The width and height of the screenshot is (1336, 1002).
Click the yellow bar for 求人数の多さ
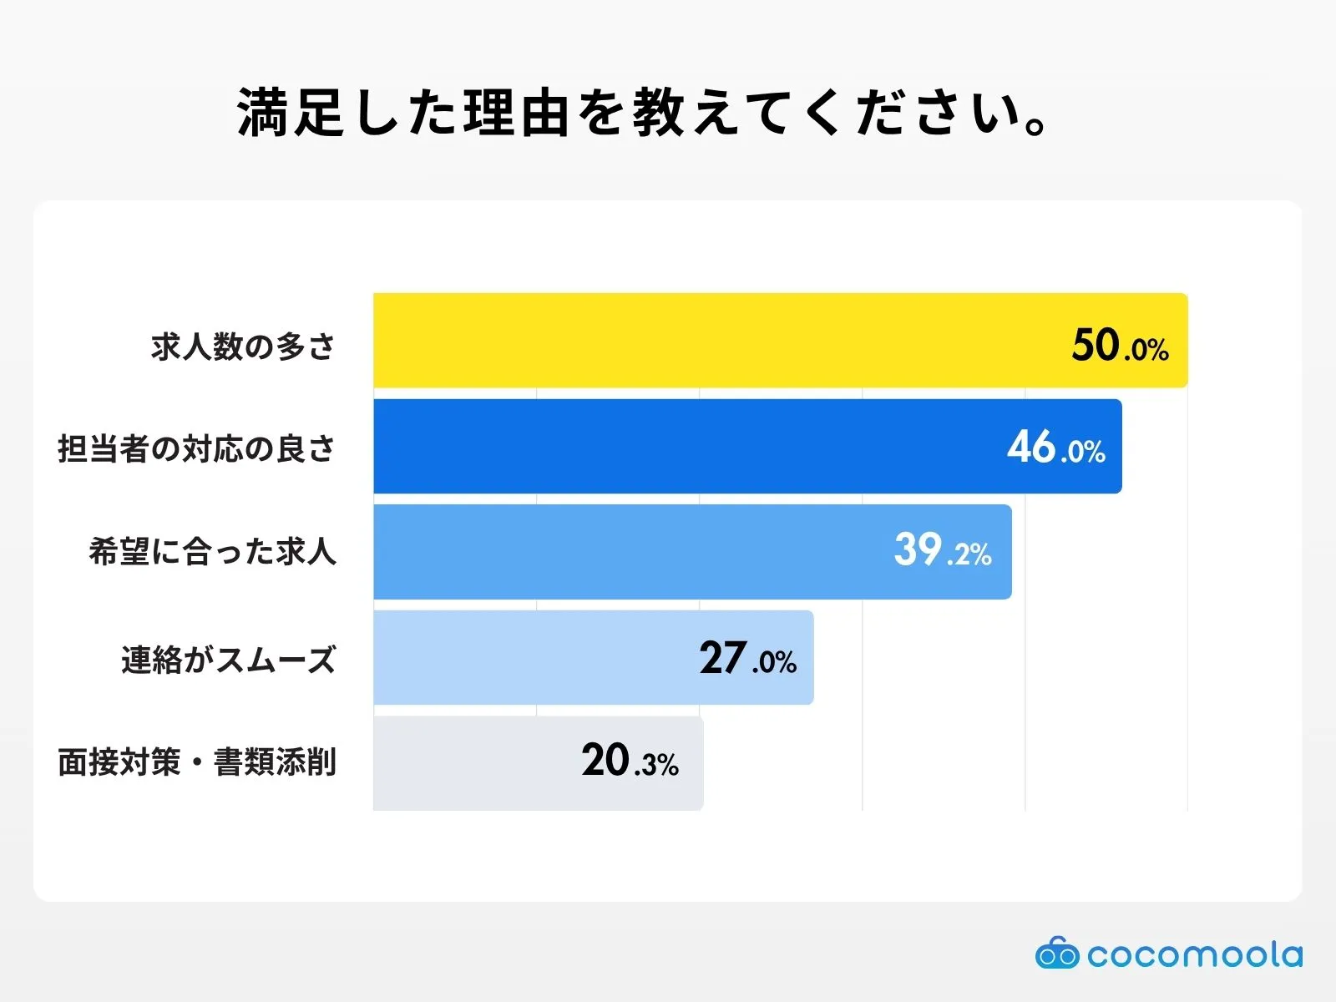click(718, 341)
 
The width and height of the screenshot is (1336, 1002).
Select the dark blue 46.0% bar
click(685, 447)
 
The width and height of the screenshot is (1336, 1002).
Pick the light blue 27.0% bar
click(534, 658)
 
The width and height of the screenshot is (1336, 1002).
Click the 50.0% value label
click(1120, 345)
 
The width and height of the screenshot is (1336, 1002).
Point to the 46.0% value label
click(1055, 448)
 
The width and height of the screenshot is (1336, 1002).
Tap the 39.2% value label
click(942, 551)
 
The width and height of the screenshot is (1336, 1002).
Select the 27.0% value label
click(747, 658)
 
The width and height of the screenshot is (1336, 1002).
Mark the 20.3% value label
click(630, 761)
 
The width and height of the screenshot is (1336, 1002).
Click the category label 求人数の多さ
click(243, 346)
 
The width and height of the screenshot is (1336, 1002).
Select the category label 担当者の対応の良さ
click(196, 449)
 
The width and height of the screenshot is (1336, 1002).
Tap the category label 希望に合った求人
click(212, 552)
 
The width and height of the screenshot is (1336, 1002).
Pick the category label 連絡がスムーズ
click(228, 660)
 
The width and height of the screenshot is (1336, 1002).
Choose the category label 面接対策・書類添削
click(196, 762)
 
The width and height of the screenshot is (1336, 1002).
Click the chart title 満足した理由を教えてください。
click(643, 113)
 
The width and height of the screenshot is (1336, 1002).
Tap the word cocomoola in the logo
click(1194, 954)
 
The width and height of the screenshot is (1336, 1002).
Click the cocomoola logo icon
click(1057, 953)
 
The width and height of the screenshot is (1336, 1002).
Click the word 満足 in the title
click(291, 113)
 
